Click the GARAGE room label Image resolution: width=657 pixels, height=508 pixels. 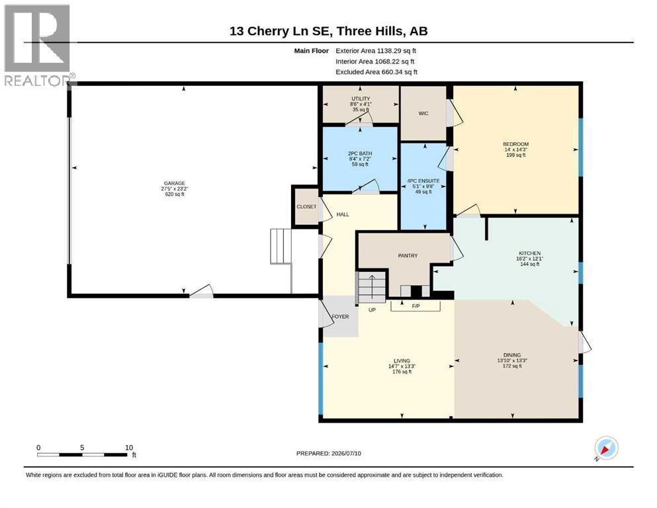point(174,183)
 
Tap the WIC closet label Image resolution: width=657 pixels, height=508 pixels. point(423,114)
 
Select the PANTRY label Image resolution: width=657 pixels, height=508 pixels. point(408,255)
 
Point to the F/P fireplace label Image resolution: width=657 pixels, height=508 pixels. point(416,306)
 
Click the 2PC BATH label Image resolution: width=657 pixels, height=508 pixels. point(360,153)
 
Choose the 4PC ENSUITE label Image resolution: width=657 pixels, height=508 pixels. point(423,181)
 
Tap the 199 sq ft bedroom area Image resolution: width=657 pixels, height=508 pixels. point(516,155)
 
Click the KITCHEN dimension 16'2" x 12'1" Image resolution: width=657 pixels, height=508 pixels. point(529,259)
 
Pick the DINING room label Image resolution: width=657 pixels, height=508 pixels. point(512,355)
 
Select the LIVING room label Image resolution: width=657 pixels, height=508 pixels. point(402,360)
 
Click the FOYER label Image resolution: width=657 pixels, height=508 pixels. point(340,317)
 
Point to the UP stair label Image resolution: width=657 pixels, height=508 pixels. point(372,310)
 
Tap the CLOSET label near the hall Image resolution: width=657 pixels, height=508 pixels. point(307,207)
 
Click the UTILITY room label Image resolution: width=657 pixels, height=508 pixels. point(361,99)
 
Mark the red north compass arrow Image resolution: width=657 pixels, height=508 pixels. point(605,450)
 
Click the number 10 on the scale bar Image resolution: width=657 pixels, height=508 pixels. point(129,448)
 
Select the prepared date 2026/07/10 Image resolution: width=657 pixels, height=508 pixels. point(346,454)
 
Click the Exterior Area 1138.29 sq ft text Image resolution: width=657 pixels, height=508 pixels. point(376,51)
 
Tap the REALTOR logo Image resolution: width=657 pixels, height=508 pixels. point(38,45)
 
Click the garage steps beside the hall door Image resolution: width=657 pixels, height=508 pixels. point(281,246)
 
